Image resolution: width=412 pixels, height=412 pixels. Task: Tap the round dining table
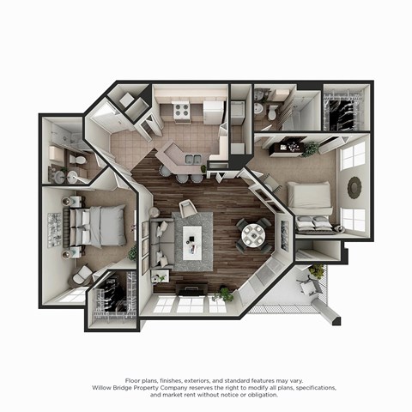[253, 234]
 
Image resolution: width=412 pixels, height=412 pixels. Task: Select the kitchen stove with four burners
[181, 110]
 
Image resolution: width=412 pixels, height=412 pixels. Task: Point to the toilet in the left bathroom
[79, 161]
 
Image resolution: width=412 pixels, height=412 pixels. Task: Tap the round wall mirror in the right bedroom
[354, 186]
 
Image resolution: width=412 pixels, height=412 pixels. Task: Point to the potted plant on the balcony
[317, 272]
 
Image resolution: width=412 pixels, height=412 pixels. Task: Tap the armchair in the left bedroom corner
[82, 275]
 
